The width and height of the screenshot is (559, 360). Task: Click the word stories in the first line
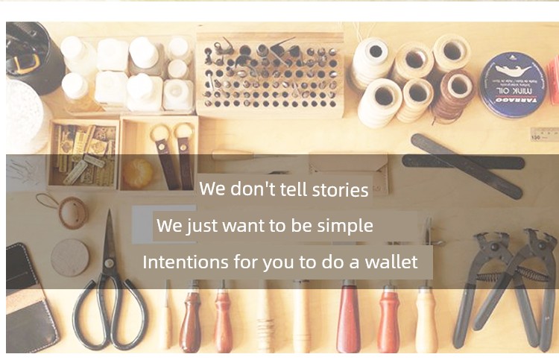point(340,190)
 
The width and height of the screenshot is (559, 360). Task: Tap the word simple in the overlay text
point(345,226)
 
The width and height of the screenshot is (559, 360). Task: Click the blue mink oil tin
point(513,85)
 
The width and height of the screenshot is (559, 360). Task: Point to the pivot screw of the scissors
point(109,263)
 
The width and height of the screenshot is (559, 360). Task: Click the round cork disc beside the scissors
point(70,258)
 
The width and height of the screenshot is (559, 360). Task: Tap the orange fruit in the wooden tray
point(138,173)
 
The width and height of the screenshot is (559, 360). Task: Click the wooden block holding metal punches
point(270,75)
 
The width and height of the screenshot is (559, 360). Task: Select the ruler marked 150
point(544,134)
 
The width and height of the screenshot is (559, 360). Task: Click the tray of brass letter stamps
point(83,154)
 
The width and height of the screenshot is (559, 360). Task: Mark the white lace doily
point(25,115)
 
